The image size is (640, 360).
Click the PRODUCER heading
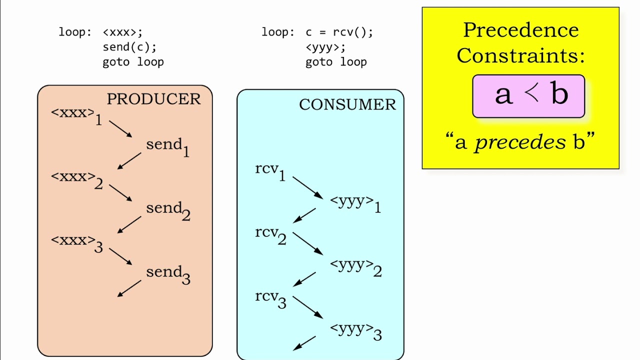[153, 99]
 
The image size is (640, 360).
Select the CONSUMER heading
[347, 104]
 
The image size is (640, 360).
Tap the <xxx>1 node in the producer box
[76, 115]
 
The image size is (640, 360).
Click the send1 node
[167, 146]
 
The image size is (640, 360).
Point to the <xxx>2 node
[76, 179]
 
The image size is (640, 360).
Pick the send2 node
[167, 210]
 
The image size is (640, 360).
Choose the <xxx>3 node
[76, 243]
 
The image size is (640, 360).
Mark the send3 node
[167, 274]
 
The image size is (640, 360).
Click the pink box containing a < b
[528, 96]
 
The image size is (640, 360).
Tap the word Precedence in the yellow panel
[520, 30]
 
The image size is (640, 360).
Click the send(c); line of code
[129, 47]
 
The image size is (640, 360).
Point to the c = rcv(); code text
[339, 32]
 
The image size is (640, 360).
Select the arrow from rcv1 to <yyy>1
[307, 187]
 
